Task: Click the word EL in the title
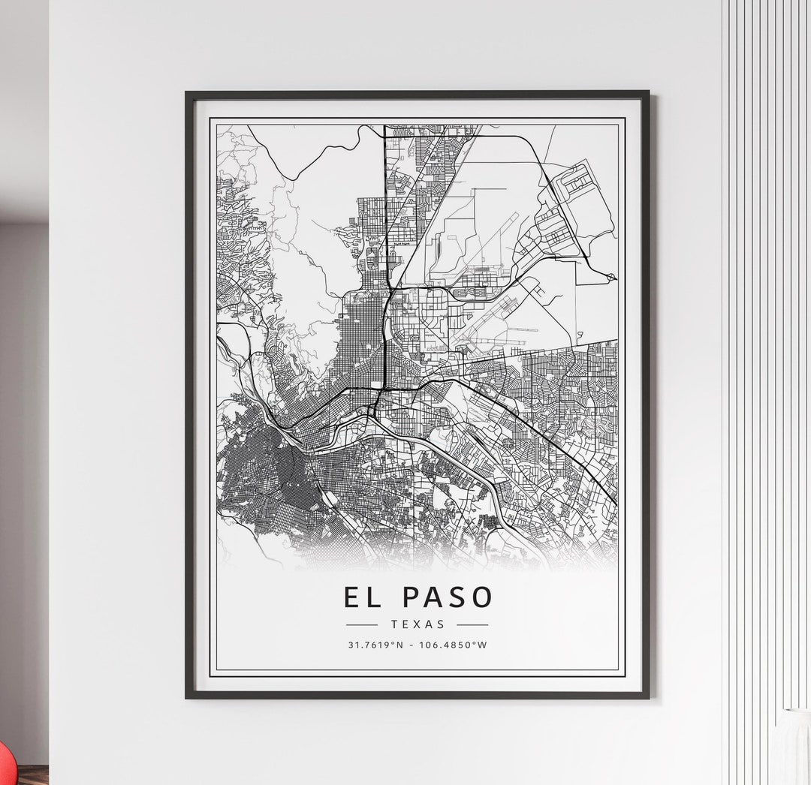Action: tap(363, 597)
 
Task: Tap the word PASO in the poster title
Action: tap(448, 597)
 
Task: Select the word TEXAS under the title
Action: tap(418, 624)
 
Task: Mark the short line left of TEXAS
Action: tap(362, 624)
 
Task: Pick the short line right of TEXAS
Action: tap(472, 624)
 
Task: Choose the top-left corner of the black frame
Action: tap(188, 93)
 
